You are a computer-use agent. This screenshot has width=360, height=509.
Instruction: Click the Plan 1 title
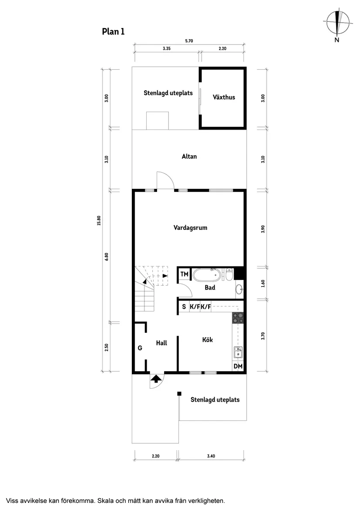pos(113,31)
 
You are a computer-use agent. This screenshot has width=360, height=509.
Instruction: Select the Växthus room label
pos(224,97)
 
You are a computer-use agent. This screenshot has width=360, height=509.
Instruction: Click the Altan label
pos(189,156)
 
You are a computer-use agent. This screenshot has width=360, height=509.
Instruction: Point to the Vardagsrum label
pos(190,228)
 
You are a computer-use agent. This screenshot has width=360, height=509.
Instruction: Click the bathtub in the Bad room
pos(207,275)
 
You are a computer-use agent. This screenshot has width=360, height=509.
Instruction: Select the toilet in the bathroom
pos(229,275)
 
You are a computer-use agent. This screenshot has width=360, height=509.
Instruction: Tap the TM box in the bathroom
pos(184,274)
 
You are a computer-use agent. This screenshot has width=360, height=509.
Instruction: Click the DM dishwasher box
pos(238,366)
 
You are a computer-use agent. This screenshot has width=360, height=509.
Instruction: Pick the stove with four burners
pos(238,318)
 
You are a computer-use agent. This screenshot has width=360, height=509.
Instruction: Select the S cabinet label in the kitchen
pos(184,307)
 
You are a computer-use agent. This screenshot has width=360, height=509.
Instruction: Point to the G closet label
pos(140,348)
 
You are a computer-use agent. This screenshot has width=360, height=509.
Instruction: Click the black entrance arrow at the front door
pos(155,378)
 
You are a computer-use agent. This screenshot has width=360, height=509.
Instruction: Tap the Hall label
pos(161,343)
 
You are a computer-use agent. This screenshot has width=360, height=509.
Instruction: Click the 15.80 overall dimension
pos(99,221)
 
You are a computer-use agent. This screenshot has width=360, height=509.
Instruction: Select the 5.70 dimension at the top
pos(189,41)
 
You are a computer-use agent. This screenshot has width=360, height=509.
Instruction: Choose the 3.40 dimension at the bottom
pos(211,456)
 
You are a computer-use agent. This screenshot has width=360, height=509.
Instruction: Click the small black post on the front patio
pos(179,394)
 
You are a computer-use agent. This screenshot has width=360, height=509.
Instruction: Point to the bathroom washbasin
pos(238,288)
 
